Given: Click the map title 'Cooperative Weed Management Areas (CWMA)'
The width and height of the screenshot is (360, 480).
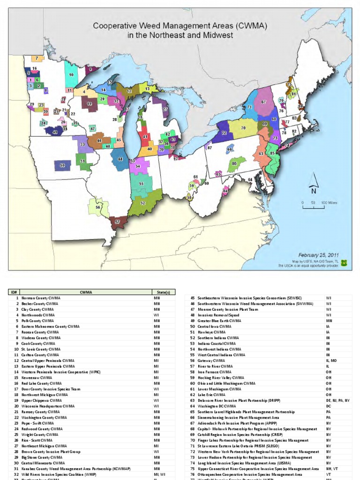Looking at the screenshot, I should point(180,27).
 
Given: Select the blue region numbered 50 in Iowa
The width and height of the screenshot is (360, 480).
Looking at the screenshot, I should point(62,165).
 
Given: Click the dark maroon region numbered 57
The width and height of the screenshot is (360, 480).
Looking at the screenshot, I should point(117,222).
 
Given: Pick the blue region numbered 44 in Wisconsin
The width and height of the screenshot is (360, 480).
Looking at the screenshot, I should point(120,159).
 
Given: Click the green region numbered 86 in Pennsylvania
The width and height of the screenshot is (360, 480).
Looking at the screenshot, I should point(235,164).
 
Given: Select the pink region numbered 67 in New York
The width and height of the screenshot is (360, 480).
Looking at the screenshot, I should point(264,102).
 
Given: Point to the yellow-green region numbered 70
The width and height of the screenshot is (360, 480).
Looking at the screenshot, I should point(243,127).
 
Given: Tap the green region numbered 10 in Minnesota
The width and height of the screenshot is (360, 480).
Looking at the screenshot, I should point(71,75).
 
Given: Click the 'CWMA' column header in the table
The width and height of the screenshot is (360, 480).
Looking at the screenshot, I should point(86,292).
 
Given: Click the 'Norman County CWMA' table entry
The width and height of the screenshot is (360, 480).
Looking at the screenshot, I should point(41,298).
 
